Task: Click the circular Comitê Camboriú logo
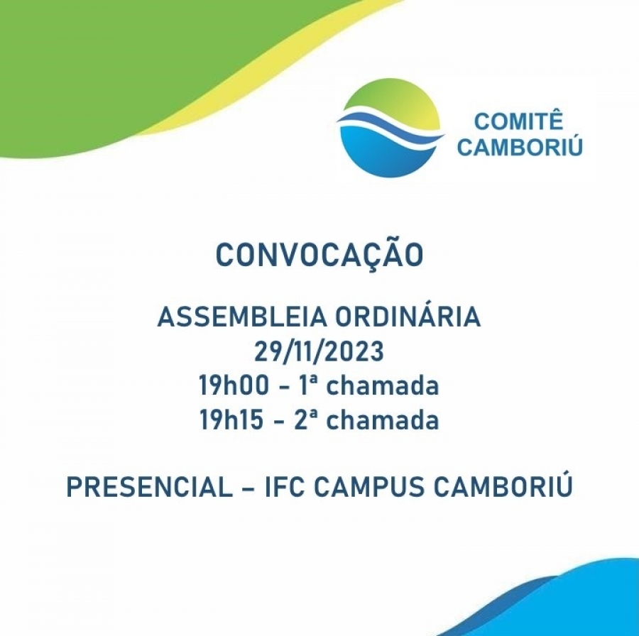(391, 128)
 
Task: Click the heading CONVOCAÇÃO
(319, 255)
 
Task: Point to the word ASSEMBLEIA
(241, 317)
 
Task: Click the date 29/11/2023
(319, 351)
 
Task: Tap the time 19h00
(234, 385)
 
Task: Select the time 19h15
(231, 420)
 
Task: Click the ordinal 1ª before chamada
(307, 385)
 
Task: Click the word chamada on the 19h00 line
(383, 385)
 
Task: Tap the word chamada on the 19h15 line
(383, 420)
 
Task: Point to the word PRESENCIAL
(149, 486)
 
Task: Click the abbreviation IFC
(285, 486)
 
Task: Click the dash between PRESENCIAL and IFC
(248, 487)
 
